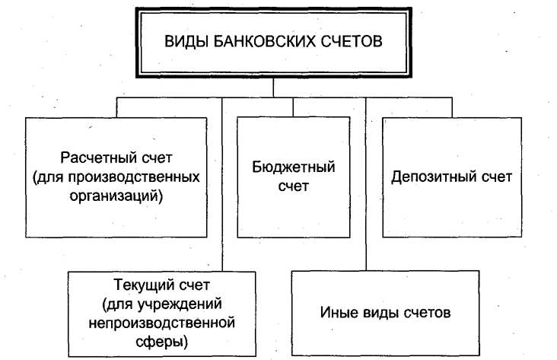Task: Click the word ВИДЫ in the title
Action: point(186,41)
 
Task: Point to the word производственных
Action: point(134,177)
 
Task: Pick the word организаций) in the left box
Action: point(116,196)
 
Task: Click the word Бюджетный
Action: point(294,167)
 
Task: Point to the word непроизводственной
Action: point(161,323)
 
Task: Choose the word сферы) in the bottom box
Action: point(161,342)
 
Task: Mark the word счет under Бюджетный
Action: point(294,186)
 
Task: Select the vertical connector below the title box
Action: point(273,88)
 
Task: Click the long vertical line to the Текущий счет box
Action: point(222,184)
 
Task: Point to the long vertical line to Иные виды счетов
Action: point(366,184)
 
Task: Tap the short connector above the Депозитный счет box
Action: point(452,107)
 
